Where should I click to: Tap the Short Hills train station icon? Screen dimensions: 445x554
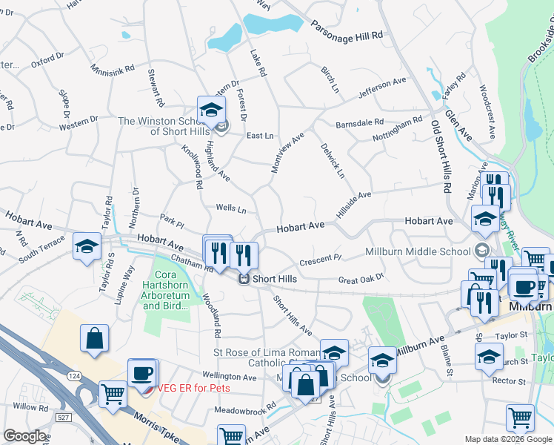tap(242, 279)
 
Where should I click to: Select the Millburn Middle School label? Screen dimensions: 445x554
tap(419, 252)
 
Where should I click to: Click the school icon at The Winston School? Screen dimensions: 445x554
tap(211, 108)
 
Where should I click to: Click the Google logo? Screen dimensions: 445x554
tap(24, 436)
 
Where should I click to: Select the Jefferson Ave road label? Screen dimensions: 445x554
tap(382, 88)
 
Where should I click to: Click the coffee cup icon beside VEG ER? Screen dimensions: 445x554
tap(142, 373)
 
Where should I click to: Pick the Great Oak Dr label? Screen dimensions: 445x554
tap(361, 278)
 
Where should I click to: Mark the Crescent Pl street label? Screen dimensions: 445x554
tap(320, 260)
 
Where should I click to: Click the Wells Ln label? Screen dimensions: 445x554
tap(230, 209)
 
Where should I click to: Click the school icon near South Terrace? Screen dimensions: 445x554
tap(87, 246)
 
